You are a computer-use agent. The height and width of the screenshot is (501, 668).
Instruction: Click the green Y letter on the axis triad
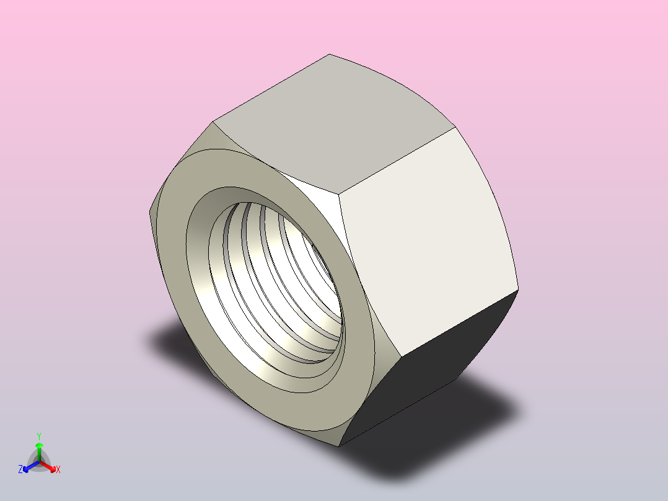pyautogui.click(x=39, y=435)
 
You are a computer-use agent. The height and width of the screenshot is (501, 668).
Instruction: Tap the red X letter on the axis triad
pyautogui.click(x=58, y=470)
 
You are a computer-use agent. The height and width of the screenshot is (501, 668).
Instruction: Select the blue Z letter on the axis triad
pyautogui.click(x=20, y=470)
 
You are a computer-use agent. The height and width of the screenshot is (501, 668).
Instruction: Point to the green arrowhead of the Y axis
pyautogui.click(x=39, y=445)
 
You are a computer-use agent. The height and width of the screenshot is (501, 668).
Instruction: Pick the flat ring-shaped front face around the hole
pyautogui.click(x=347, y=384)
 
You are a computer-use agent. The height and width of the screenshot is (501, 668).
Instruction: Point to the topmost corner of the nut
pyautogui.click(x=328, y=54)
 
